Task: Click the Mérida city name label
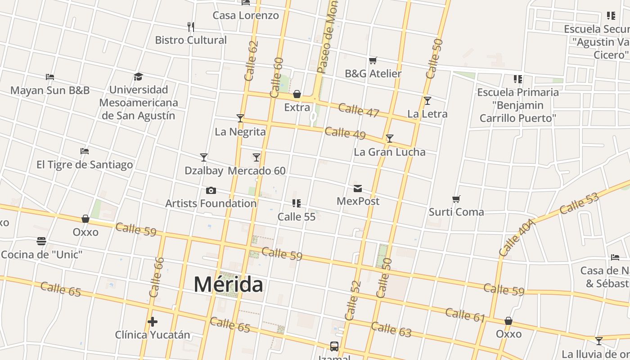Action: pyautogui.click(x=228, y=284)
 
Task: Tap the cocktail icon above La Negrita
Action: pyautogui.click(x=240, y=118)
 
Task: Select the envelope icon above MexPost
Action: pyautogui.click(x=358, y=188)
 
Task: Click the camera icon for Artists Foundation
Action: pyautogui.click(x=211, y=190)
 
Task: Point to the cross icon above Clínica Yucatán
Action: pyautogui.click(x=153, y=322)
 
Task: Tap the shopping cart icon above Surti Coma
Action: pyautogui.click(x=456, y=199)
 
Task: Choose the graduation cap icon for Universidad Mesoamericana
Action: pyautogui.click(x=138, y=77)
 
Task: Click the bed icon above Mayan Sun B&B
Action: pyautogui.click(x=50, y=77)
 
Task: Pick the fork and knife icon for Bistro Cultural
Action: pyautogui.click(x=191, y=27)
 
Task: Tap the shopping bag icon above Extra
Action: pyautogui.click(x=297, y=94)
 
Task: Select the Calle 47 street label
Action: pyautogui.click(x=359, y=110)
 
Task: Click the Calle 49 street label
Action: pyautogui.click(x=345, y=133)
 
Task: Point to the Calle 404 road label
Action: pyautogui.click(x=517, y=238)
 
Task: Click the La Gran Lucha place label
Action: pyautogui.click(x=390, y=152)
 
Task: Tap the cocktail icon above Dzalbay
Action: pyautogui.click(x=204, y=157)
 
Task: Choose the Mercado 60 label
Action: pyautogui.click(x=256, y=171)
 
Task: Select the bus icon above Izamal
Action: pyautogui.click(x=334, y=346)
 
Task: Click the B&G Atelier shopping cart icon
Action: pyautogui.click(x=373, y=60)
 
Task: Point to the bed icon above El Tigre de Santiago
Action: pyautogui.click(x=85, y=151)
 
